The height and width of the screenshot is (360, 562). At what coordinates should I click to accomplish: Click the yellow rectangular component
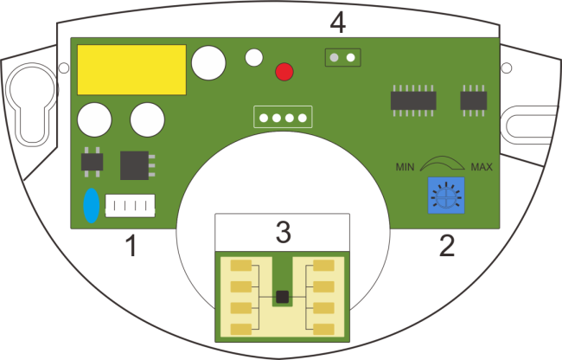pyautogui.click(x=132, y=69)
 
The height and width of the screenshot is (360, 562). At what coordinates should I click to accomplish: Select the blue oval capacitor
pyautogui.click(x=91, y=207)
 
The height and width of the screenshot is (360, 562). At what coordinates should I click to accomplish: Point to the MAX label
pyautogui.click(x=482, y=166)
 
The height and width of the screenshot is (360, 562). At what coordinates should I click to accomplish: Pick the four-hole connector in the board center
pyautogui.click(x=281, y=117)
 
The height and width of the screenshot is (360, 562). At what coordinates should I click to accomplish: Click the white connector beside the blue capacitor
pyautogui.click(x=130, y=206)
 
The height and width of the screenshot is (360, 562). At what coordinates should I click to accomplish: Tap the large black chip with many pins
pyautogui.click(x=412, y=100)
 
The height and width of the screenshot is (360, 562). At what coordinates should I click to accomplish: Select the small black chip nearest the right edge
pyautogui.click(x=472, y=100)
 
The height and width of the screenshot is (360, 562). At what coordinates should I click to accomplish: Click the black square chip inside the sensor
pyautogui.click(x=281, y=296)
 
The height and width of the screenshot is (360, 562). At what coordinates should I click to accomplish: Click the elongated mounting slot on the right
pyautogui.click(x=528, y=123)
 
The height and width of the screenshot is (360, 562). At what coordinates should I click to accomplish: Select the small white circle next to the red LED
pyautogui.click(x=253, y=58)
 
